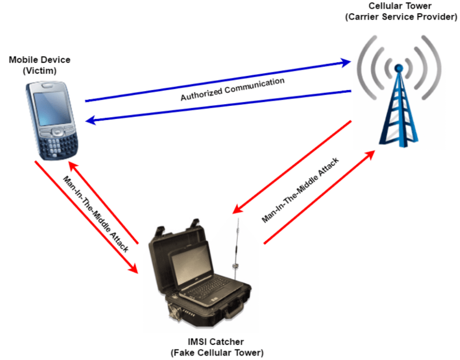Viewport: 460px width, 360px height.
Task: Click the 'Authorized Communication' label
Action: tap(233, 89)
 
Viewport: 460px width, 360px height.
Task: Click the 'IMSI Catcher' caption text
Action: tap(217, 342)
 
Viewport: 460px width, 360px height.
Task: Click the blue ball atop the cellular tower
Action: tap(398, 68)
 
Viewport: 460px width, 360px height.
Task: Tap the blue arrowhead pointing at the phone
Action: tap(91, 120)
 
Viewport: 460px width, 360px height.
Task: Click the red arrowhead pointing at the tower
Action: tap(370, 155)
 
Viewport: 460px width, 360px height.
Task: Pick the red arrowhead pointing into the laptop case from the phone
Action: tap(133, 268)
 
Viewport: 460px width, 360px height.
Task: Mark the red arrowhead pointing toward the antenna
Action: tap(237, 208)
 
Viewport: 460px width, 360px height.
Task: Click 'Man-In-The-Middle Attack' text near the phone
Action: tap(97, 214)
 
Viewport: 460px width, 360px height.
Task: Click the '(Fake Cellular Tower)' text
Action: tap(217, 352)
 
